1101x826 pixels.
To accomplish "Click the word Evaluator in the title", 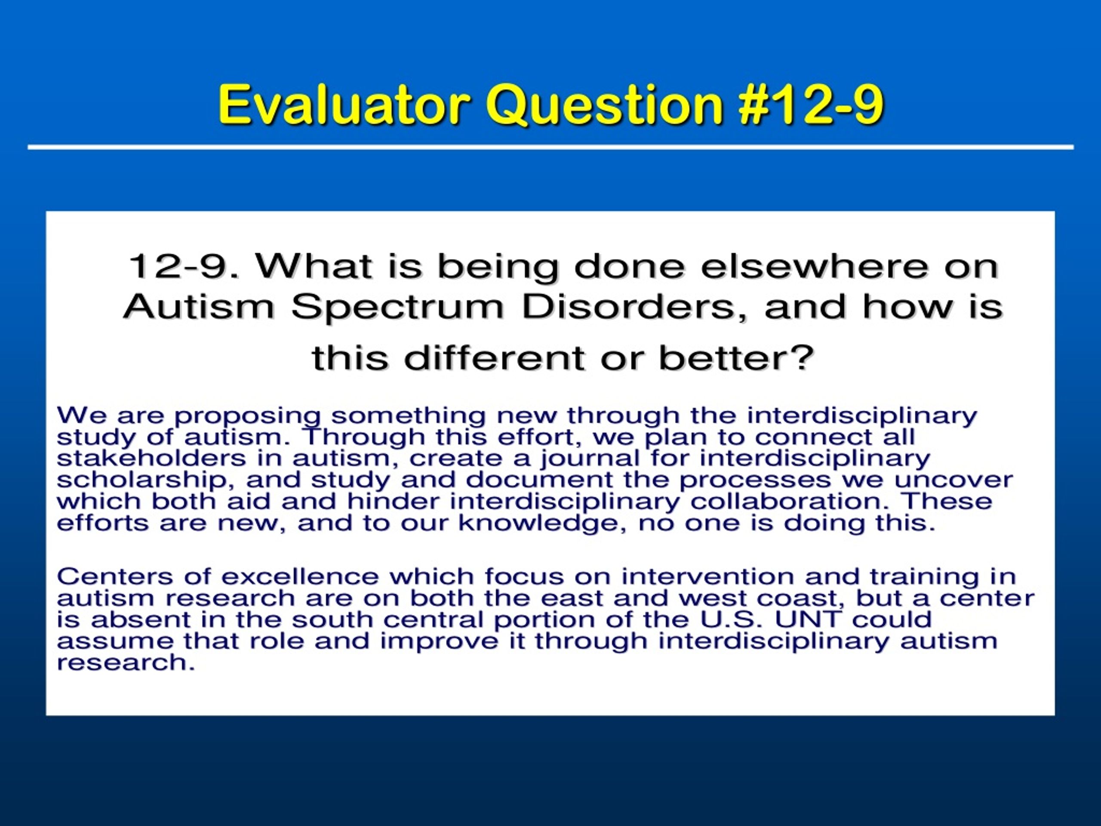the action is click(344, 104).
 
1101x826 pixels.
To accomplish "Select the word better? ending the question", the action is click(737, 358).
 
